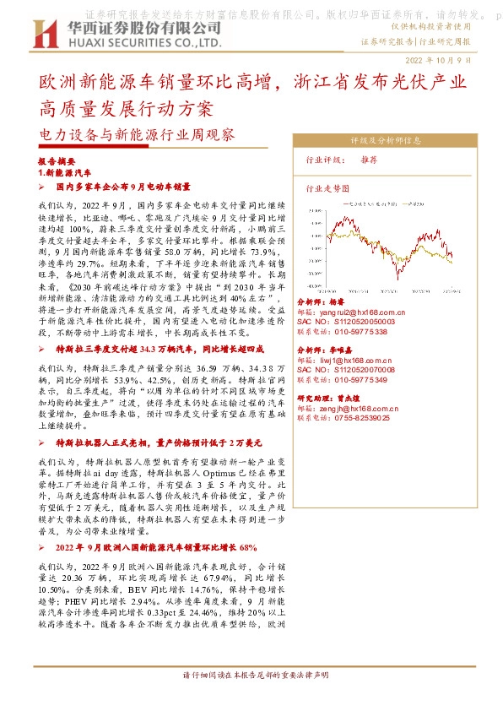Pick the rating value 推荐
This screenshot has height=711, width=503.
369,160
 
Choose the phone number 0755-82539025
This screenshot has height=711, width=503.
363,417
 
